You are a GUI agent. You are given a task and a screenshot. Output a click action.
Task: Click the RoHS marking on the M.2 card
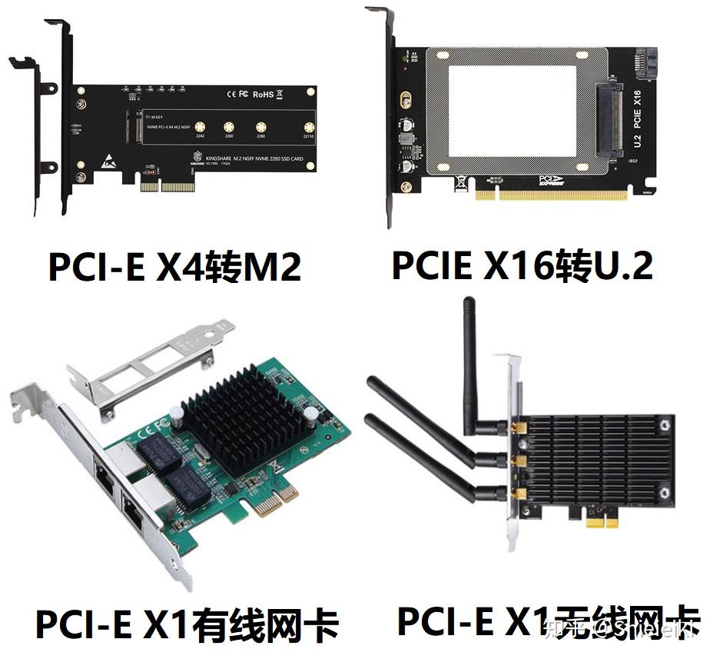coord(263,95)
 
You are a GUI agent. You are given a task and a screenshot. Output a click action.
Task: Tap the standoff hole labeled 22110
coord(309,127)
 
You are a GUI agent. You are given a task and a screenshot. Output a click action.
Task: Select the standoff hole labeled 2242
coord(199,127)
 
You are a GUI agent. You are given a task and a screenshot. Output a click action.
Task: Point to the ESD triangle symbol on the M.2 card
coord(108,161)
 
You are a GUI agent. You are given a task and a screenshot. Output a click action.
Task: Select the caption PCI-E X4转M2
coord(174,267)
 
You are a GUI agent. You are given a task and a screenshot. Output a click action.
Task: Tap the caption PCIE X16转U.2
coord(522,265)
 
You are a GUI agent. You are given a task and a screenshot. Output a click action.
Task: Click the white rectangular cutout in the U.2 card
coord(512,110)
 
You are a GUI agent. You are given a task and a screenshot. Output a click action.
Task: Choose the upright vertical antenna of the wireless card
coord(469,361)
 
